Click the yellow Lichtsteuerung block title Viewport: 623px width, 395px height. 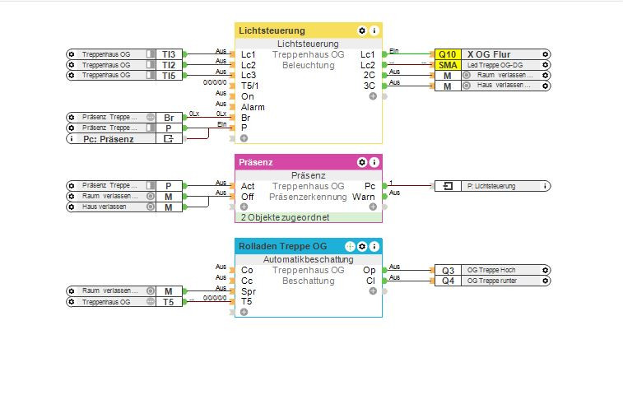pos(272,30)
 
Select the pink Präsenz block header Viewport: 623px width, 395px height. pos(257,163)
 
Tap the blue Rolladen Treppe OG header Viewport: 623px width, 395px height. pos(282,246)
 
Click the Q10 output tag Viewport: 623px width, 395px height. pos(448,53)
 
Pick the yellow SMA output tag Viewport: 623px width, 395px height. pos(448,64)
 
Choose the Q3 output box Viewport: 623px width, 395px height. pos(448,270)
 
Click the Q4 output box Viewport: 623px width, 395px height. pos(448,281)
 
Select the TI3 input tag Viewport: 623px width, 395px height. pos(168,53)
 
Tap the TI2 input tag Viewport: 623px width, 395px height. pos(168,64)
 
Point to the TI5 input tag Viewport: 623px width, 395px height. pos(168,75)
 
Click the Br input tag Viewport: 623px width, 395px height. pos(168,118)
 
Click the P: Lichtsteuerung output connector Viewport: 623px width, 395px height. pos(492,186)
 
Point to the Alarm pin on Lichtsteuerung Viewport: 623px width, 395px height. pos(253,107)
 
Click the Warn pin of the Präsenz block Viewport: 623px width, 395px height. pos(364,197)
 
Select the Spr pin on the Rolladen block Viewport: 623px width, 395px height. pos(248,291)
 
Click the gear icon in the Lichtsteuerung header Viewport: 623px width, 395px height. pos(362,30)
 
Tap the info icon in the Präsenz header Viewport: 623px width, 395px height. pos(374,163)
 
